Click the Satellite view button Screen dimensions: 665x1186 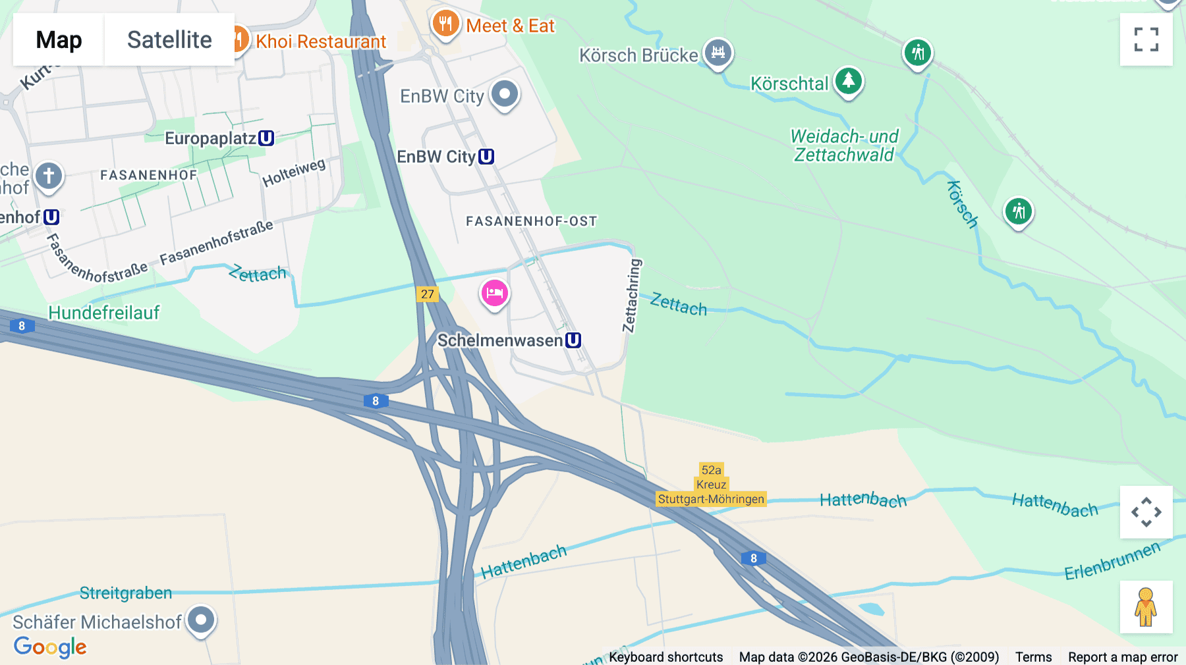tap(169, 40)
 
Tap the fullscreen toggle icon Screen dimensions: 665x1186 tap(1146, 40)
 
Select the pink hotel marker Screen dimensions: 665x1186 tap(494, 293)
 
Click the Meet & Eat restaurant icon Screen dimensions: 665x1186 tap(445, 24)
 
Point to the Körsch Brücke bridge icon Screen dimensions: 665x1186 tap(718, 52)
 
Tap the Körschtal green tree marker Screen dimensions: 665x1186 tap(849, 82)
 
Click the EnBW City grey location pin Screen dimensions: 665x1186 tap(505, 94)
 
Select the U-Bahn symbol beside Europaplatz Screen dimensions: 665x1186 tap(266, 138)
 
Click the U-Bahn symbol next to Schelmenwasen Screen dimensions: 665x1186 tap(573, 340)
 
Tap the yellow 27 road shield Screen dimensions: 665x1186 tap(428, 294)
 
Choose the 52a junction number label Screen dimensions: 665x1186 tap(711, 470)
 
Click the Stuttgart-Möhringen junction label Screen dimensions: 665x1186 tap(711, 499)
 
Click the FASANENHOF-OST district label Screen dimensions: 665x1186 tap(531, 221)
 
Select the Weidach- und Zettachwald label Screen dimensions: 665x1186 tap(844, 146)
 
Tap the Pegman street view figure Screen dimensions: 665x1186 tap(1146, 606)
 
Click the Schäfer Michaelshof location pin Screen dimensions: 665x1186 tap(201, 620)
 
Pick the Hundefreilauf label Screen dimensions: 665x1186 tap(104, 313)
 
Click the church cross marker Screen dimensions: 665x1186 tap(49, 176)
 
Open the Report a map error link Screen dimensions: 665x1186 tap(1123, 657)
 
